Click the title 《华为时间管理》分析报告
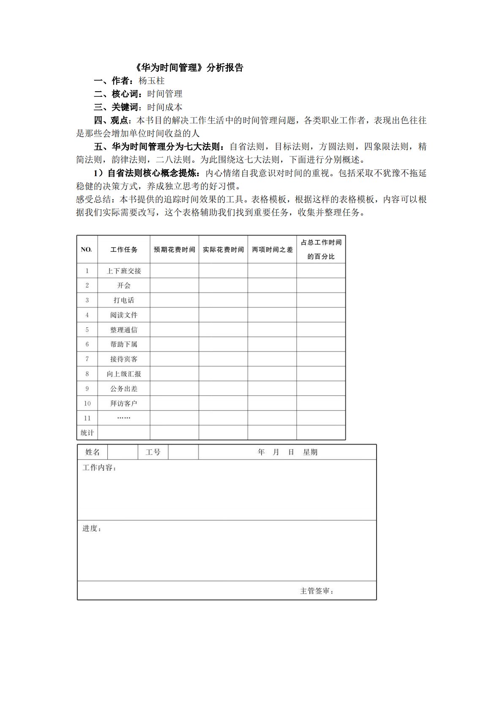point(190,68)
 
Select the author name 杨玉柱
point(151,81)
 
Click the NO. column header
point(86,250)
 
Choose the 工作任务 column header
point(124,250)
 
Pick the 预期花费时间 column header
point(174,250)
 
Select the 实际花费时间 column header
point(223,250)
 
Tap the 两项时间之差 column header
point(272,250)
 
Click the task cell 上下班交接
point(124,271)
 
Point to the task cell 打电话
point(124,300)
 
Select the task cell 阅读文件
point(124,315)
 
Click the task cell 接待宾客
point(124,359)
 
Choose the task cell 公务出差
point(124,389)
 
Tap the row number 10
point(87,403)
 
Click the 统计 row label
point(87,433)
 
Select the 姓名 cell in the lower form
point(93,452)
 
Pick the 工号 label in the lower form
point(153,452)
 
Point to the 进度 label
point(91,528)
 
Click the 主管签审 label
point(317,591)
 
